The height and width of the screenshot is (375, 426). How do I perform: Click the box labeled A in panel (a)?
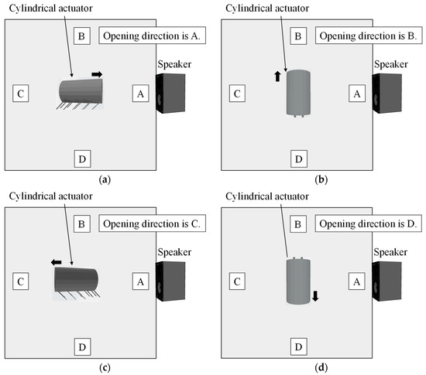(x=140, y=94)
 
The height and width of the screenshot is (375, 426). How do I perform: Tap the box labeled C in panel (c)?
(x=22, y=281)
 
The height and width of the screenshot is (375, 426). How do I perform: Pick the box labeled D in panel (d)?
(x=297, y=346)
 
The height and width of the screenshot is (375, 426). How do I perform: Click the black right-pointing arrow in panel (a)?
(x=97, y=74)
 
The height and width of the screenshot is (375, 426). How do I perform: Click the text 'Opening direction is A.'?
(x=146, y=37)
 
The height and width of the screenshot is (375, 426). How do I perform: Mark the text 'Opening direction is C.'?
(x=146, y=224)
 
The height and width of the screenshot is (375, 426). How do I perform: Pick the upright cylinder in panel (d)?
(x=297, y=281)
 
